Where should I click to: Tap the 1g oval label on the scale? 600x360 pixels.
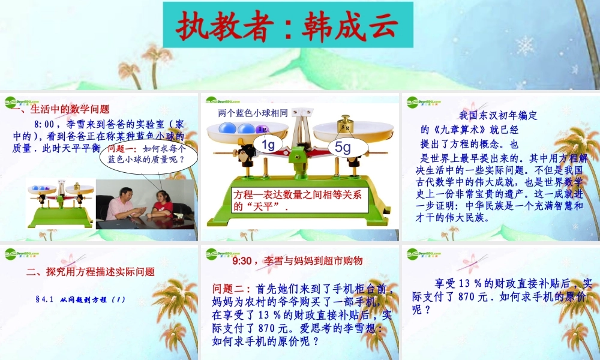tap(268, 145)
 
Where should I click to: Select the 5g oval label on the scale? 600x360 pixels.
tap(343, 147)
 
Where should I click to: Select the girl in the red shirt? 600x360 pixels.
tap(162, 204)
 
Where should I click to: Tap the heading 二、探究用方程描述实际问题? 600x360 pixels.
tap(91, 271)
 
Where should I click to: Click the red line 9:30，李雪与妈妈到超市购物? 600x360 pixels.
tap(297, 260)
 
